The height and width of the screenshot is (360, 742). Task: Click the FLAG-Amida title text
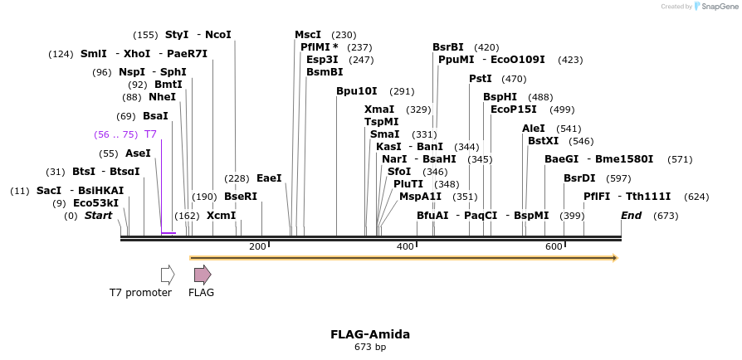(x=370, y=334)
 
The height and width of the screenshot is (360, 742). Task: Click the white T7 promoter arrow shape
(x=168, y=275)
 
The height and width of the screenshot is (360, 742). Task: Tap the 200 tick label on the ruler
(x=257, y=246)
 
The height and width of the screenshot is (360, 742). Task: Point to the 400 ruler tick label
(x=406, y=246)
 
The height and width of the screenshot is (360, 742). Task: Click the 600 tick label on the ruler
(x=554, y=246)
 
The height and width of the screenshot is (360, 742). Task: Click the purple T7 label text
(x=150, y=134)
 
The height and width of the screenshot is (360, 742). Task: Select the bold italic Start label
(x=98, y=216)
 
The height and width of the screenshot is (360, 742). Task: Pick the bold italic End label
(x=632, y=216)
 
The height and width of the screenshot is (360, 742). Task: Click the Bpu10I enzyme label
(x=357, y=91)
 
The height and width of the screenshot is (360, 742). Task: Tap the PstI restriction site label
(x=481, y=79)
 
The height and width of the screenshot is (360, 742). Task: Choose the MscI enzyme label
(x=308, y=35)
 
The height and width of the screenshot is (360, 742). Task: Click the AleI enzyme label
(x=534, y=129)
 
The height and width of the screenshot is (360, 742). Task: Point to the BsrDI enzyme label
(x=579, y=178)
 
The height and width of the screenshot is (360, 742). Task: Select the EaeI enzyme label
(x=269, y=178)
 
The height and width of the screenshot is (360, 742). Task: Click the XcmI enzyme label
(x=222, y=216)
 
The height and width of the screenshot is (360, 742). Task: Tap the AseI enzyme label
(x=138, y=153)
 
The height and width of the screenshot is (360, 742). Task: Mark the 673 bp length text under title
(x=370, y=347)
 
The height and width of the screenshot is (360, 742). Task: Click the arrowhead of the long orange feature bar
(x=614, y=258)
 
